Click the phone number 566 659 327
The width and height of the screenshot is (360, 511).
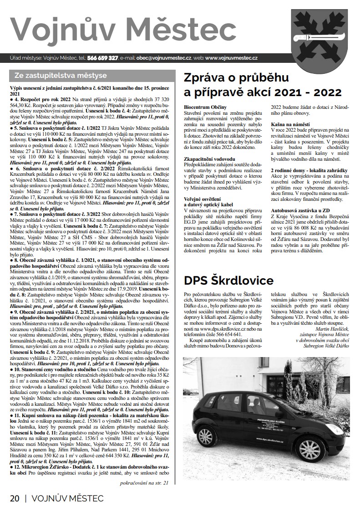(103, 58)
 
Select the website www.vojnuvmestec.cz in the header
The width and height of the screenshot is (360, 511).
(232, 58)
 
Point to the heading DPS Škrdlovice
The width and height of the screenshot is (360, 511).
(228, 279)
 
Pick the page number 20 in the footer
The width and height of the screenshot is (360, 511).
(15, 498)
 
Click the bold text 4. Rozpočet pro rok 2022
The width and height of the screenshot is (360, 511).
(44, 98)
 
